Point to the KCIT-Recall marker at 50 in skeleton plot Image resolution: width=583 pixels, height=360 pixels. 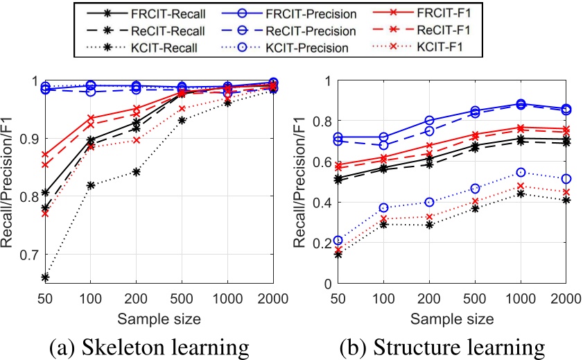[46, 277]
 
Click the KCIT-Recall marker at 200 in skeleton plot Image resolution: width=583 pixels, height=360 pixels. [137, 172]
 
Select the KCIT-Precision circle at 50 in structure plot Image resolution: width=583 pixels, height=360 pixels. [338, 241]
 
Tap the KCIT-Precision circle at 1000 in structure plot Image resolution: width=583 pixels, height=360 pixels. [521, 172]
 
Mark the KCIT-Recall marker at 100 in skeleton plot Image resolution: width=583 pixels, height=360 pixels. [92, 185]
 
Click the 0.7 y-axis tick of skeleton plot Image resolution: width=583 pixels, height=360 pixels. [28, 255]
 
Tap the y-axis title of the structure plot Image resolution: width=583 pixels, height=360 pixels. [299, 182]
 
